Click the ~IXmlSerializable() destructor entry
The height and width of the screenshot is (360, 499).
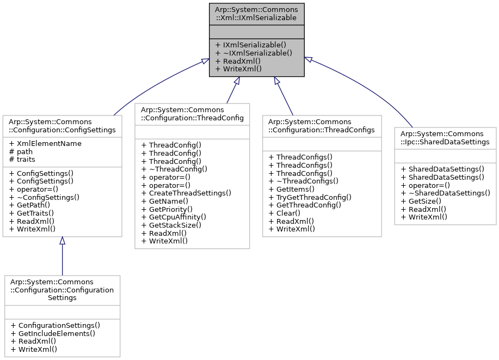pyautogui.click(x=254, y=53)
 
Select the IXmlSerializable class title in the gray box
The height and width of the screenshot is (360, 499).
pyautogui.click(x=256, y=14)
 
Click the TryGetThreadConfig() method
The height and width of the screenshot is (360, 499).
pyautogui.click(x=310, y=197)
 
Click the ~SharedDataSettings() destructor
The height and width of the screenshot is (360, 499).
pyautogui.click(x=445, y=193)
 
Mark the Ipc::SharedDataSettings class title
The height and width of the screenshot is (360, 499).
pyautogui.click(x=445, y=137)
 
